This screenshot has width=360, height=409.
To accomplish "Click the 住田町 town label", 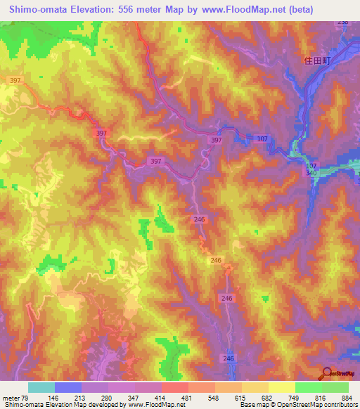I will (316, 61).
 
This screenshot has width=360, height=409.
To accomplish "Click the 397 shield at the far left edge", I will (14, 80).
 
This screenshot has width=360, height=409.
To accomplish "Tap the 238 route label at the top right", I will (342, 23).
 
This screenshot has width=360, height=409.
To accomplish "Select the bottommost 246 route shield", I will (228, 358).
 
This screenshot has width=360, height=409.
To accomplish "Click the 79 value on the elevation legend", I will (29, 398).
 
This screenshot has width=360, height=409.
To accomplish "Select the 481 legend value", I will (187, 398).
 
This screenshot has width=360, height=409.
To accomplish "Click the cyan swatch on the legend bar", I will (41, 387).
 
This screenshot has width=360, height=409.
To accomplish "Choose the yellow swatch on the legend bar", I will (281, 387).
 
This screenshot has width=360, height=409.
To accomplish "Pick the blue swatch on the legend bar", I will (67, 387).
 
